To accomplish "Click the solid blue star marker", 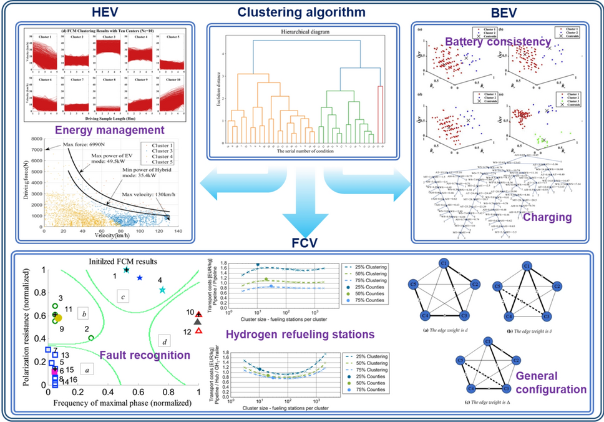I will [x=140, y=277].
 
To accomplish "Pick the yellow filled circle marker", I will [x=58, y=318].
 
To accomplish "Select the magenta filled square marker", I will [x=54, y=371].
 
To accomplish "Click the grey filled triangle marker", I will [x=198, y=322].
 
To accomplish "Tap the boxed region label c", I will [x=125, y=295].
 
